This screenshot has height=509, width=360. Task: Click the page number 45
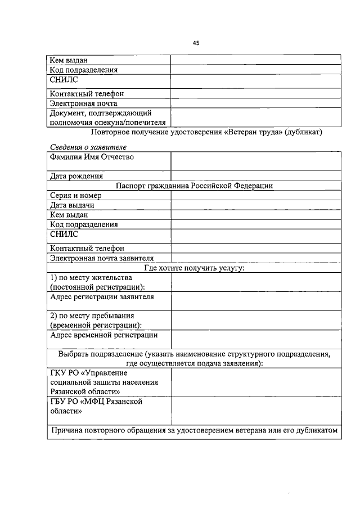196,43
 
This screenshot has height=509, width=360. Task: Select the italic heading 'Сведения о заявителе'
87,147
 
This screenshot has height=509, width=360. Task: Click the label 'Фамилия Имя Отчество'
92,157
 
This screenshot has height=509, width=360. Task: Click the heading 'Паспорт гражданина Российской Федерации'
194,186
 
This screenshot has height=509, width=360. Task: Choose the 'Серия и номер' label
75,195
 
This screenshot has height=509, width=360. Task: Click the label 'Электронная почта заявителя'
101,258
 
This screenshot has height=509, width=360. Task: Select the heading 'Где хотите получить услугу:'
194,268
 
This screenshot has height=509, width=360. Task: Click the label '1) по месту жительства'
91,278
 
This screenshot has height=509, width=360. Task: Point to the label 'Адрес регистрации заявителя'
101,296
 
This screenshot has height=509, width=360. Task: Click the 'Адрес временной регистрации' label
103,335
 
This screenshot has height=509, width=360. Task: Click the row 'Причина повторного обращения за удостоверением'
194,431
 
